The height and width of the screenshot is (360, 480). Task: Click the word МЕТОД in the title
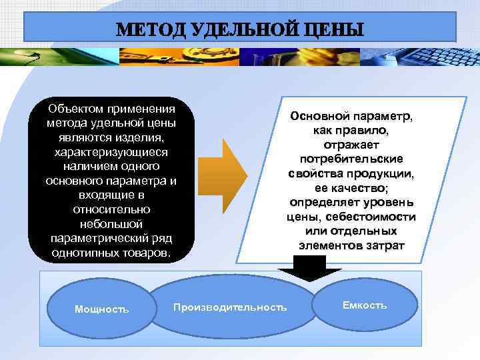click(149, 30)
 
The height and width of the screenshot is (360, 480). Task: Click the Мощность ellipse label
click(102, 309)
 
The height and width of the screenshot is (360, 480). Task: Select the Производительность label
click(230, 307)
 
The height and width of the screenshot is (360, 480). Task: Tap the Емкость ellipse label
click(364, 305)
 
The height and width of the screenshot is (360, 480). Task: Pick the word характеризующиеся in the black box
click(111, 152)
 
